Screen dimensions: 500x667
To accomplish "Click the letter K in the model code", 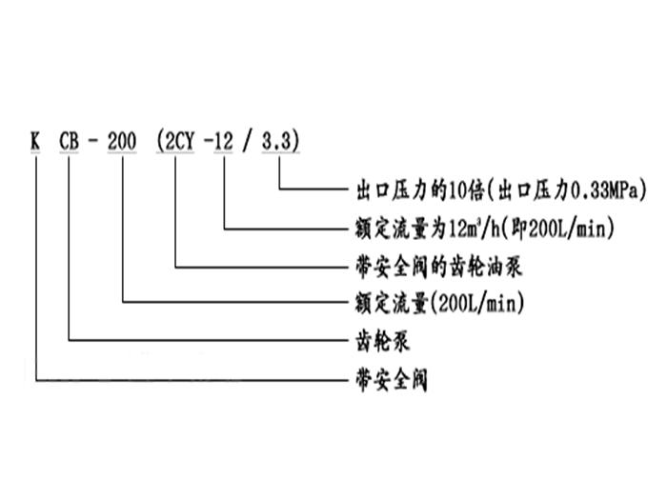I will (x=35, y=142).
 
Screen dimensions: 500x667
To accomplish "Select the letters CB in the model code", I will (x=71, y=142).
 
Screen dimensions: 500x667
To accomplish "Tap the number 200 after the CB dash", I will (x=125, y=142).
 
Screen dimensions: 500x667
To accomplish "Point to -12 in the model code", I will (x=223, y=142).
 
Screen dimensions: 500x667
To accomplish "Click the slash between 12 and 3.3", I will (x=249, y=142).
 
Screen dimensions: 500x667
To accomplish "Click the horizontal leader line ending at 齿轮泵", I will (x=205, y=340).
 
